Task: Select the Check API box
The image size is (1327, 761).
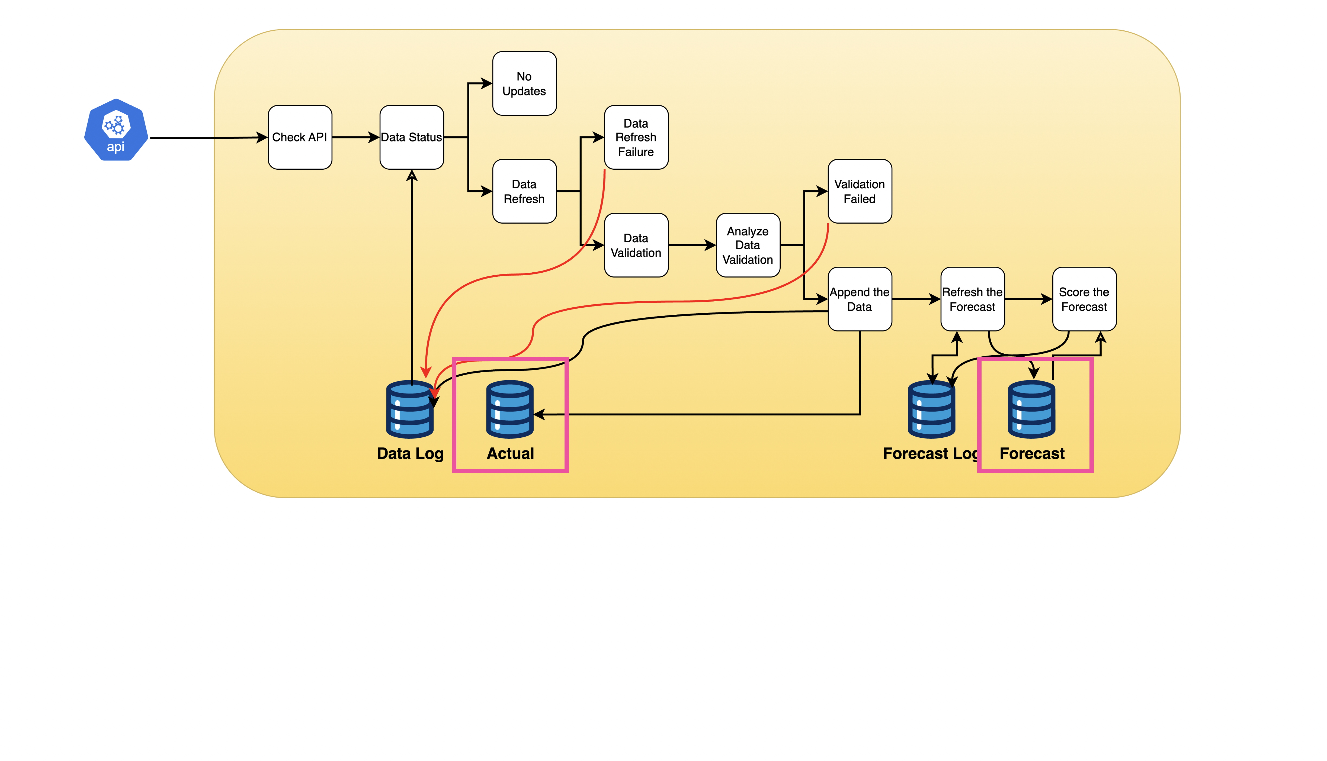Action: [x=300, y=137]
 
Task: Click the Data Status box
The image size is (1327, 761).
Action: [x=412, y=137]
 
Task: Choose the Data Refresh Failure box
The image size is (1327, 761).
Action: [x=636, y=137]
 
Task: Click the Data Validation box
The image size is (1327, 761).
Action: [x=636, y=245]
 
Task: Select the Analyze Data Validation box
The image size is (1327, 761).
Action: [x=748, y=245]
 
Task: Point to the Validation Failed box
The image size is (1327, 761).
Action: [x=860, y=191]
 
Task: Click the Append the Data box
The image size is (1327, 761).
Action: [x=860, y=299]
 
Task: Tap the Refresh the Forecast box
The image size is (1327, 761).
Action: [x=972, y=299]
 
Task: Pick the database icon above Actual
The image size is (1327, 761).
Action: [x=510, y=409]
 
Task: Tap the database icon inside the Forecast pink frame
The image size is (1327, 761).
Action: [x=1032, y=409]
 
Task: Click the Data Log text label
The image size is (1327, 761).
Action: [x=410, y=453]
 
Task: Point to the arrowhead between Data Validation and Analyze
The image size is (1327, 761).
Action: [x=710, y=245]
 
